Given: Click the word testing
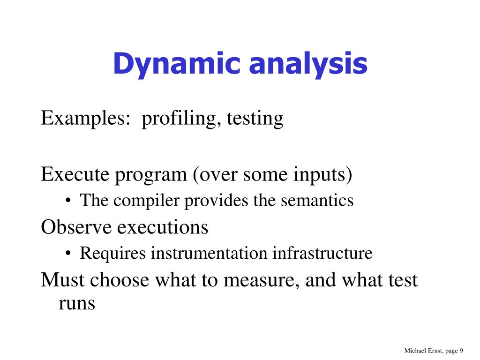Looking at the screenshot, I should point(255,118).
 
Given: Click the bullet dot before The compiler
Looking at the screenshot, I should point(69,201).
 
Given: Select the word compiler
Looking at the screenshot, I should point(147,201).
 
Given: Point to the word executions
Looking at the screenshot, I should point(162,227).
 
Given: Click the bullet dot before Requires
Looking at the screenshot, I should point(69,254).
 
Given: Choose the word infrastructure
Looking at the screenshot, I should point(322,254).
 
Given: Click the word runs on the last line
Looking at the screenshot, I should point(77,303).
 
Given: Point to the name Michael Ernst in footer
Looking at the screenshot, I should point(421,351).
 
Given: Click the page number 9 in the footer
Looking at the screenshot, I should point(461,351).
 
